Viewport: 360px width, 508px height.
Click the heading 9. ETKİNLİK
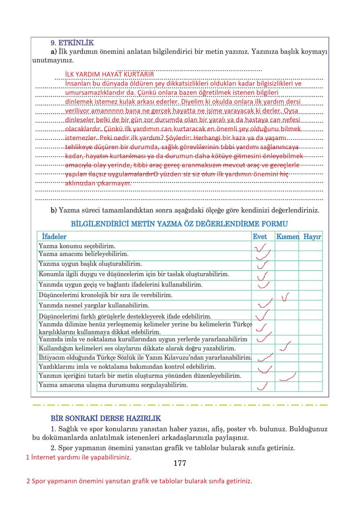point(72,43)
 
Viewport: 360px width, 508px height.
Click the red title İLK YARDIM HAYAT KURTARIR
point(109,74)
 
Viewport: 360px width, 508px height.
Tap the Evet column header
point(260,236)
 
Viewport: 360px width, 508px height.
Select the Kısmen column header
point(287,236)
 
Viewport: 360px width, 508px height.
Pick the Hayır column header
point(312,236)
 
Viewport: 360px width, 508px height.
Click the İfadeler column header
point(54,236)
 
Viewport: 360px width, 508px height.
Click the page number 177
point(180,463)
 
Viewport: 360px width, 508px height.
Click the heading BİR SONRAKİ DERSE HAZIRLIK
point(106,418)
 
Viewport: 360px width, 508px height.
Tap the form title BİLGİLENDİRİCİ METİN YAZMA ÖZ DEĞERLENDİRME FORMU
point(179,224)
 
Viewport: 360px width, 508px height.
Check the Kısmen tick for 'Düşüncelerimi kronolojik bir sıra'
point(285,297)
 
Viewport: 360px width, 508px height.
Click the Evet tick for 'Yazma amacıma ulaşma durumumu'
point(262,386)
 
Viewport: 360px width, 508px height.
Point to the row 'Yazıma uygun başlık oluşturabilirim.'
point(90,264)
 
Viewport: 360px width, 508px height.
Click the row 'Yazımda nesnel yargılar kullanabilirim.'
point(94,305)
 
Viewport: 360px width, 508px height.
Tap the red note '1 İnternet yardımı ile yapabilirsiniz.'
point(79,457)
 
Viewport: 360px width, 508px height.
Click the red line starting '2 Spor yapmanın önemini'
point(139,481)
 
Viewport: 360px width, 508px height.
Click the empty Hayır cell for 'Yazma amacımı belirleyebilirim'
point(310,255)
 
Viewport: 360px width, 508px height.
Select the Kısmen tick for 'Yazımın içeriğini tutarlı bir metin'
point(288,377)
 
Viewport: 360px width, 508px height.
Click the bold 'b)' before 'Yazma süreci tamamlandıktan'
point(54,210)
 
